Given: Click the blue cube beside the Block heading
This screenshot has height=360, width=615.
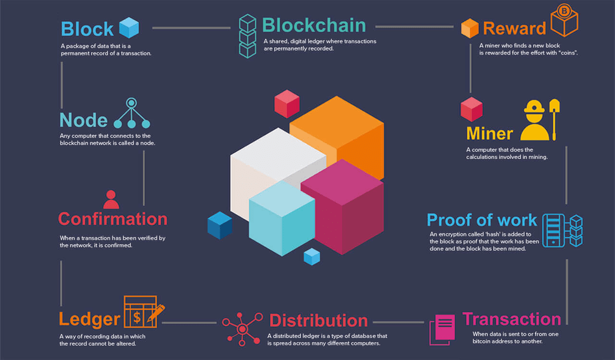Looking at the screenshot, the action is (x=129, y=27).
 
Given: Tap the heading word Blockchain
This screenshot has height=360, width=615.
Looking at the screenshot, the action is (x=313, y=25).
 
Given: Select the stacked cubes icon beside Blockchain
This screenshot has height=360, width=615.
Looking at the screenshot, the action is (x=248, y=36).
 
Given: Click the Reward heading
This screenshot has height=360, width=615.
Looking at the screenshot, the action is (x=514, y=28).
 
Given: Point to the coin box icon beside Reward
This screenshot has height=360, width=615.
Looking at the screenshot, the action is (x=564, y=21).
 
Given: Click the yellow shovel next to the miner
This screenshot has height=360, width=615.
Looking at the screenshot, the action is (x=554, y=119).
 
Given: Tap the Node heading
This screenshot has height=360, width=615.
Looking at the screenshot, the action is (x=84, y=120).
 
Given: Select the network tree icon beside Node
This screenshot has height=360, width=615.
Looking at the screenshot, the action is (x=132, y=113).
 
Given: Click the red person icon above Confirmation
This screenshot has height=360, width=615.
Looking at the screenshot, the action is (x=111, y=199).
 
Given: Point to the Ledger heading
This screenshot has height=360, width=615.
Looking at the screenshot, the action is (x=89, y=319).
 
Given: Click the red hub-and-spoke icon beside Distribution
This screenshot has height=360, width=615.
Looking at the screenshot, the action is (x=242, y=329).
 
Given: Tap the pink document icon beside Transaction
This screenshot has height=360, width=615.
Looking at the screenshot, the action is (x=443, y=329).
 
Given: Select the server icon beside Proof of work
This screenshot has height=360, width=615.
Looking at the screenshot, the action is (x=562, y=231).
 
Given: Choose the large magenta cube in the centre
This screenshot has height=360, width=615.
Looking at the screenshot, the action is (x=342, y=207).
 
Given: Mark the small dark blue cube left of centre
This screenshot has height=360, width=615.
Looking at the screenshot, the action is (x=220, y=225).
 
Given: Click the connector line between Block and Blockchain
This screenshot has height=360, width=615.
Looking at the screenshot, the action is (x=191, y=28).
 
